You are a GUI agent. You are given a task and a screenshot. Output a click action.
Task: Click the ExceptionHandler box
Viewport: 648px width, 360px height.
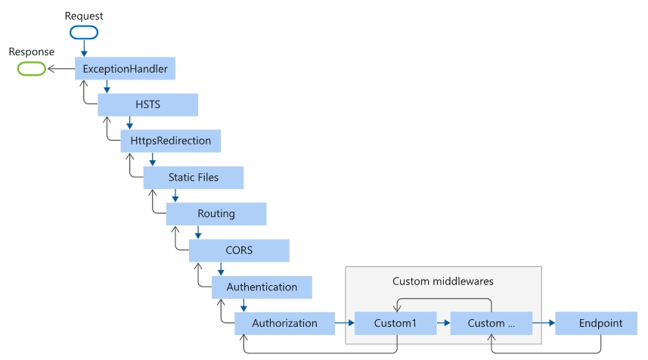pos(125,69)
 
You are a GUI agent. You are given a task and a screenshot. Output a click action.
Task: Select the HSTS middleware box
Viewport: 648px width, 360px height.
pos(147,105)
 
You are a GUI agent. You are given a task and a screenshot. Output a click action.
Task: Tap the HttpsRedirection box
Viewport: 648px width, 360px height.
pos(170,141)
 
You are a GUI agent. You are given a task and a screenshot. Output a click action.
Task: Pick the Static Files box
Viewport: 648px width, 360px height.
pos(194,178)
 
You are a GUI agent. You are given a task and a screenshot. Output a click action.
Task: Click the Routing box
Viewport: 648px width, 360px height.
pos(216,214)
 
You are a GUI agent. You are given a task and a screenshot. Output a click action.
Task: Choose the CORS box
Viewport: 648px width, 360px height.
pos(239,250)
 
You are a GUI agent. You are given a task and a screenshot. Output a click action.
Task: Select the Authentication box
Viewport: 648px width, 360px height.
pos(262,287)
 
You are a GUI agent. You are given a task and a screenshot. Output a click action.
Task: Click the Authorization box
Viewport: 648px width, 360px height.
pos(284,323)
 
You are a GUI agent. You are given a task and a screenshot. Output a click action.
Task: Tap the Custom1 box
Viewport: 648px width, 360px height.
pos(395,323)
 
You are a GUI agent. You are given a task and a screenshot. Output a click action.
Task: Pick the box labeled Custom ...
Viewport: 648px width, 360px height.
pos(491,323)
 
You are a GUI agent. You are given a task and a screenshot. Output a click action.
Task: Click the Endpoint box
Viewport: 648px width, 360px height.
pos(600,323)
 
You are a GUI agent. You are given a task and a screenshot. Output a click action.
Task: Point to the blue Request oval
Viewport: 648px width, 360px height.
pos(84,33)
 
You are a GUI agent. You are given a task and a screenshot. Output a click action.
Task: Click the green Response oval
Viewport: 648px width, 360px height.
pos(30,69)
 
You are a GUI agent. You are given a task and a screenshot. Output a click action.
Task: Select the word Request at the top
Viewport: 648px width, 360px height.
pos(84,15)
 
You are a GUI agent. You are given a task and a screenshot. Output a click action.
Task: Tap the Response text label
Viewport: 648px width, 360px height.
pos(31,51)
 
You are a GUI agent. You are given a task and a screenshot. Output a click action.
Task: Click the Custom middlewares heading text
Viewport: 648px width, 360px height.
pos(443,281)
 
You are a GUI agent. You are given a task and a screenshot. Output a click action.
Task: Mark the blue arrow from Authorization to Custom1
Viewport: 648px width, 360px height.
pos(345,323)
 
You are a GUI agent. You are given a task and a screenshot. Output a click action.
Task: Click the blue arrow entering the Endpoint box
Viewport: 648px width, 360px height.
pos(543,323)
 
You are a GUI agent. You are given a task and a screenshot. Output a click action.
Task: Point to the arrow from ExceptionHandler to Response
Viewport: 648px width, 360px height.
pos(60,69)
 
